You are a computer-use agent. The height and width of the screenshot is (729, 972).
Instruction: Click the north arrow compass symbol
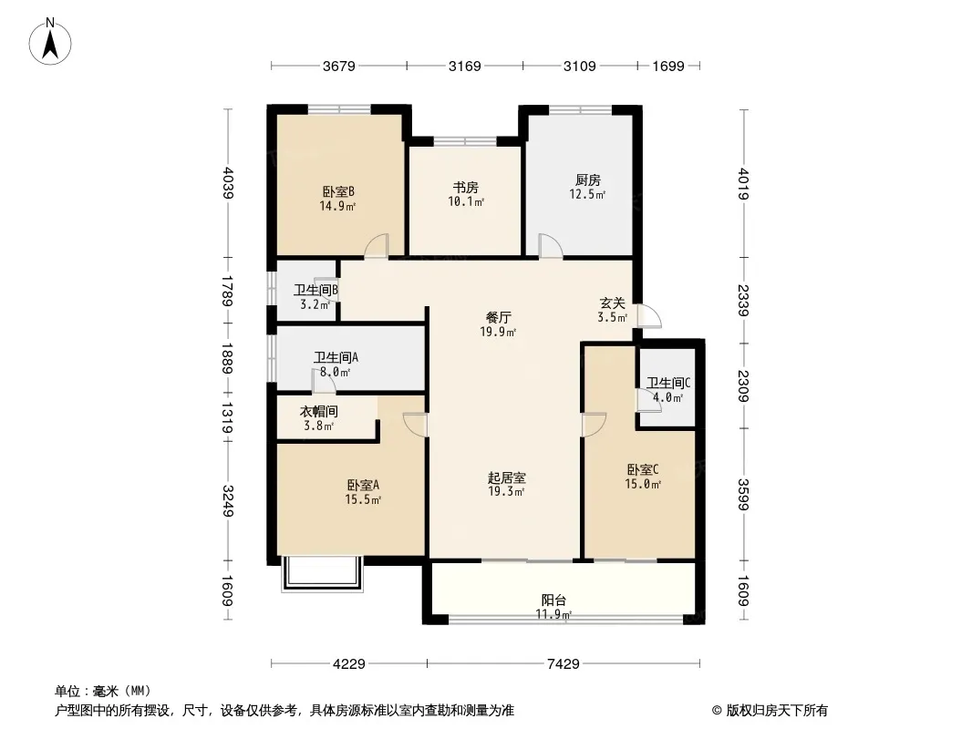tap(50, 42)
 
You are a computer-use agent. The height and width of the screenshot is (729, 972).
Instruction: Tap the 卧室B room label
tap(338, 191)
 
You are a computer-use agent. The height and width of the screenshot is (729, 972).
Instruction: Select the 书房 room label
tap(466, 187)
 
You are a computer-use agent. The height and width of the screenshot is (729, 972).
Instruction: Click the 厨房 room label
tap(587, 180)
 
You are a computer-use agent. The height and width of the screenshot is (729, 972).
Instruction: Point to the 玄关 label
tap(612, 303)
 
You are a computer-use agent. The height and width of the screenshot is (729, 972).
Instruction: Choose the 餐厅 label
tap(499, 318)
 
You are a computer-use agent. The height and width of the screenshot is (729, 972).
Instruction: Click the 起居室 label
tap(506, 477)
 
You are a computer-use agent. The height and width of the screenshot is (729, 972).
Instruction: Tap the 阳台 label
tap(553, 601)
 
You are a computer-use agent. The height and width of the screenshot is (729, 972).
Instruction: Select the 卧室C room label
tap(643, 470)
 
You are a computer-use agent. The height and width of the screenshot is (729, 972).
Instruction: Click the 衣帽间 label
tap(318, 412)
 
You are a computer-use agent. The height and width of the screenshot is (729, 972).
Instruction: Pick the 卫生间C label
tap(668, 384)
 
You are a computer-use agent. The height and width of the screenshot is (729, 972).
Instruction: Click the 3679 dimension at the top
tap(339, 66)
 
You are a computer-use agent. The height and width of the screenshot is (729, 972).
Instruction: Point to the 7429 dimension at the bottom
tap(563, 664)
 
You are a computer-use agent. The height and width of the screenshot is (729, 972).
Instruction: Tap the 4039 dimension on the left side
tap(228, 183)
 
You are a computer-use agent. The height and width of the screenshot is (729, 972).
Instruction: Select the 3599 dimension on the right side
tap(744, 494)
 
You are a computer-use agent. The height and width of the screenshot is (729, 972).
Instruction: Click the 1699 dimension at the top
tap(668, 66)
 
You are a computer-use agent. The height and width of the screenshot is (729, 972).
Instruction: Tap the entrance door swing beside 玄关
tap(650, 316)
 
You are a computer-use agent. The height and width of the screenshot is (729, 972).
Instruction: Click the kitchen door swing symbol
tap(551, 245)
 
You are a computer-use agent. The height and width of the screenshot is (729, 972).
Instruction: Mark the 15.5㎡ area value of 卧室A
tap(363, 499)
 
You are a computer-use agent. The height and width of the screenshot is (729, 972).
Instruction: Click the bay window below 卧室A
tap(323, 574)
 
